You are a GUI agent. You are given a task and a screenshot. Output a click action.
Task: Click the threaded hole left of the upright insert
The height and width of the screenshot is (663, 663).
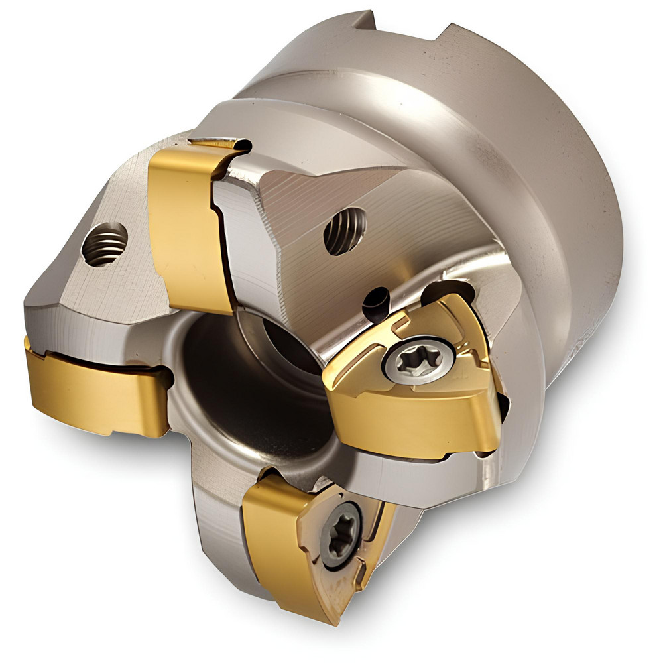coord(105,243)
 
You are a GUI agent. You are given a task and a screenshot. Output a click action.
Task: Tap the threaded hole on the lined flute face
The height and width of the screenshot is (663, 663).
coord(345,230)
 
